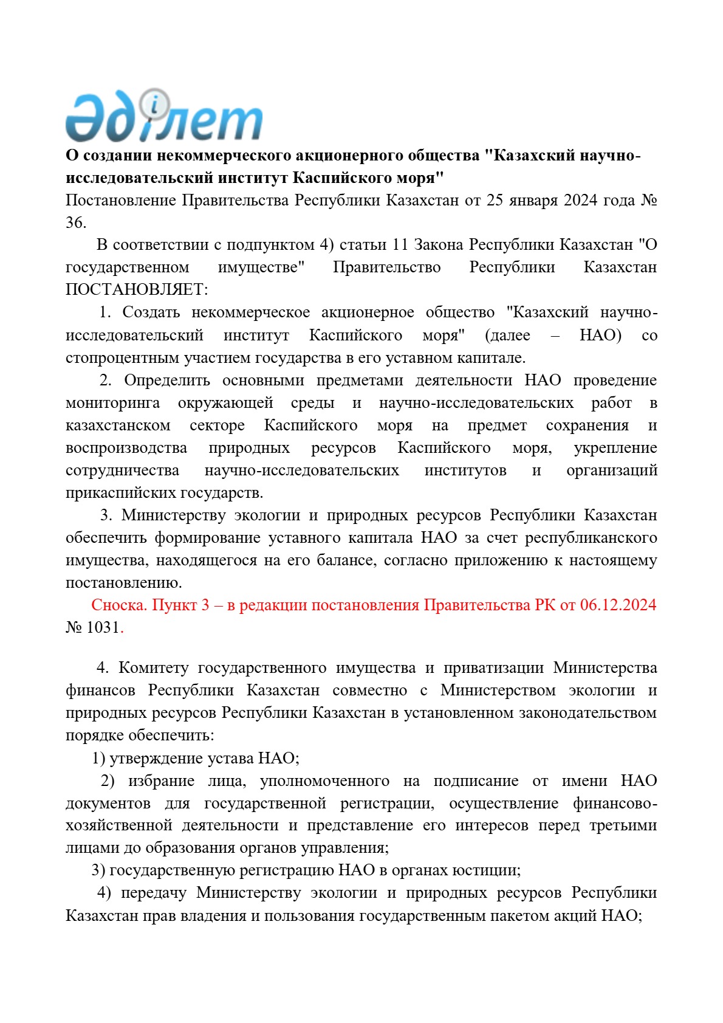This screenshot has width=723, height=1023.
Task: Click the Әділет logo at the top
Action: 164,117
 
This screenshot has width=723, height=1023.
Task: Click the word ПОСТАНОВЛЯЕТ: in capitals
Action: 137,289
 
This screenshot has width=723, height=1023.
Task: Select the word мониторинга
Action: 113,403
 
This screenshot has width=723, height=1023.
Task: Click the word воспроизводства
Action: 126,448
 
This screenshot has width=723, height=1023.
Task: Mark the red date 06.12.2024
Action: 618,605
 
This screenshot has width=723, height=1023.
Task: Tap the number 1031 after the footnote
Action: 103,628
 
